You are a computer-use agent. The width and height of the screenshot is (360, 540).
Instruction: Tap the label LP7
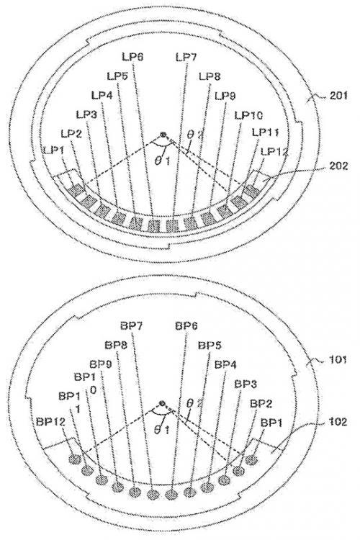pos(184,57)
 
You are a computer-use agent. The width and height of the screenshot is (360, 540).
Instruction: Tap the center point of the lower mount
pos(163,405)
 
